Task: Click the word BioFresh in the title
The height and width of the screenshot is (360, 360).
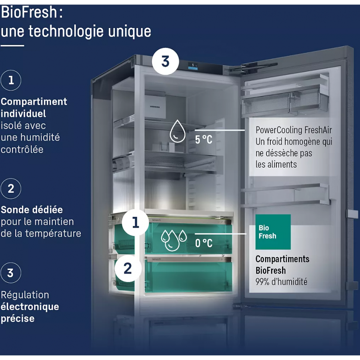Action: click(29, 12)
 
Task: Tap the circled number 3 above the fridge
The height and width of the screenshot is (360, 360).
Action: click(165, 62)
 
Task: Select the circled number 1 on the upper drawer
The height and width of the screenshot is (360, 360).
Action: click(136, 222)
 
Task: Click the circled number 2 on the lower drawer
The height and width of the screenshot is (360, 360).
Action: click(128, 268)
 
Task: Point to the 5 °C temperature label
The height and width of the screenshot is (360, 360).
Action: click(204, 140)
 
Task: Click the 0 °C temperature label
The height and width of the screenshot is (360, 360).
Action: click(204, 243)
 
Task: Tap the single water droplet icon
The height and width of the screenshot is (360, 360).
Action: click(177, 132)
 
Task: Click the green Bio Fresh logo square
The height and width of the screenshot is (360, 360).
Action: click(273, 232)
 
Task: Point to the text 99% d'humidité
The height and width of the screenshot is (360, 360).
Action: click(282, 282)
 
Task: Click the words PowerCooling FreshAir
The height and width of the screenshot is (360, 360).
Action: click(294, 130)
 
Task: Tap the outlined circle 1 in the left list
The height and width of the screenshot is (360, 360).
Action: click(11, 80)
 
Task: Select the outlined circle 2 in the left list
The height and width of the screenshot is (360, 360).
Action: click(11, 188)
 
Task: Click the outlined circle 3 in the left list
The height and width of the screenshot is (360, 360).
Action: click(11, 273)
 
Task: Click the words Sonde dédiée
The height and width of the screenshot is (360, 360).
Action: click(32, 210)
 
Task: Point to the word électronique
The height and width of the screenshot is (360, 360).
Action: click(30, 307)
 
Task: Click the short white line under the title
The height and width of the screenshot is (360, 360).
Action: click(12, 46)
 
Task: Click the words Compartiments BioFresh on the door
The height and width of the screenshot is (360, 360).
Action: click(282, 264)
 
